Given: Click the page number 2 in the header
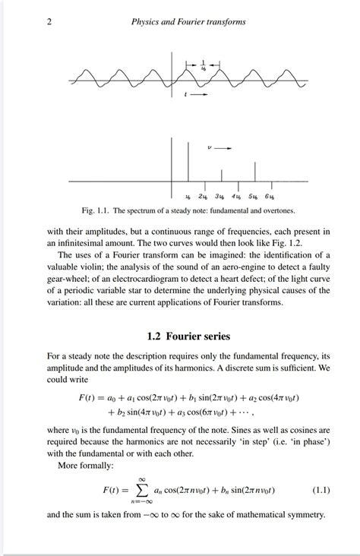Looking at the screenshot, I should point(49,22).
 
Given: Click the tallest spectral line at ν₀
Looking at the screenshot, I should point(172,160).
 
